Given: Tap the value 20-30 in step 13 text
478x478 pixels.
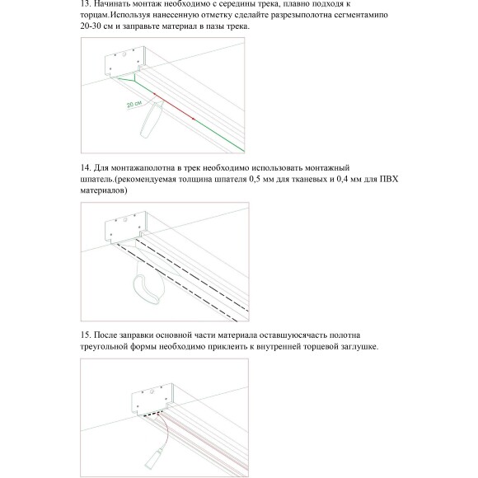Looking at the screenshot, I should [x=82, y=27].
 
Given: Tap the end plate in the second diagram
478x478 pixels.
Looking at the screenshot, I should [x=126, y=227].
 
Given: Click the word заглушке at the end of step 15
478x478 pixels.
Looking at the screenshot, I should [x=354, y=347].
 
